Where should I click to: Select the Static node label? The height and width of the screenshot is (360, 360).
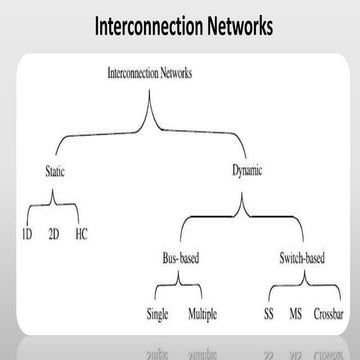[x=56, y=170]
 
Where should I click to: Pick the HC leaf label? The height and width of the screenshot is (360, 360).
[x=82, y=237]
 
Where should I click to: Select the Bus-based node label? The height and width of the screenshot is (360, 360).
[x=181, y=259]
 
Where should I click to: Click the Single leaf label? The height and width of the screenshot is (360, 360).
[x=158, y=317]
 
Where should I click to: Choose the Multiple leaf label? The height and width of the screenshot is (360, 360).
[x=203, y=317]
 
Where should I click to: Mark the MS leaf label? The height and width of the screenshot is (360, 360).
[x=296, y=317]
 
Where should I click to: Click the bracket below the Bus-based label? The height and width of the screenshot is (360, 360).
[x=181, y=288]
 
